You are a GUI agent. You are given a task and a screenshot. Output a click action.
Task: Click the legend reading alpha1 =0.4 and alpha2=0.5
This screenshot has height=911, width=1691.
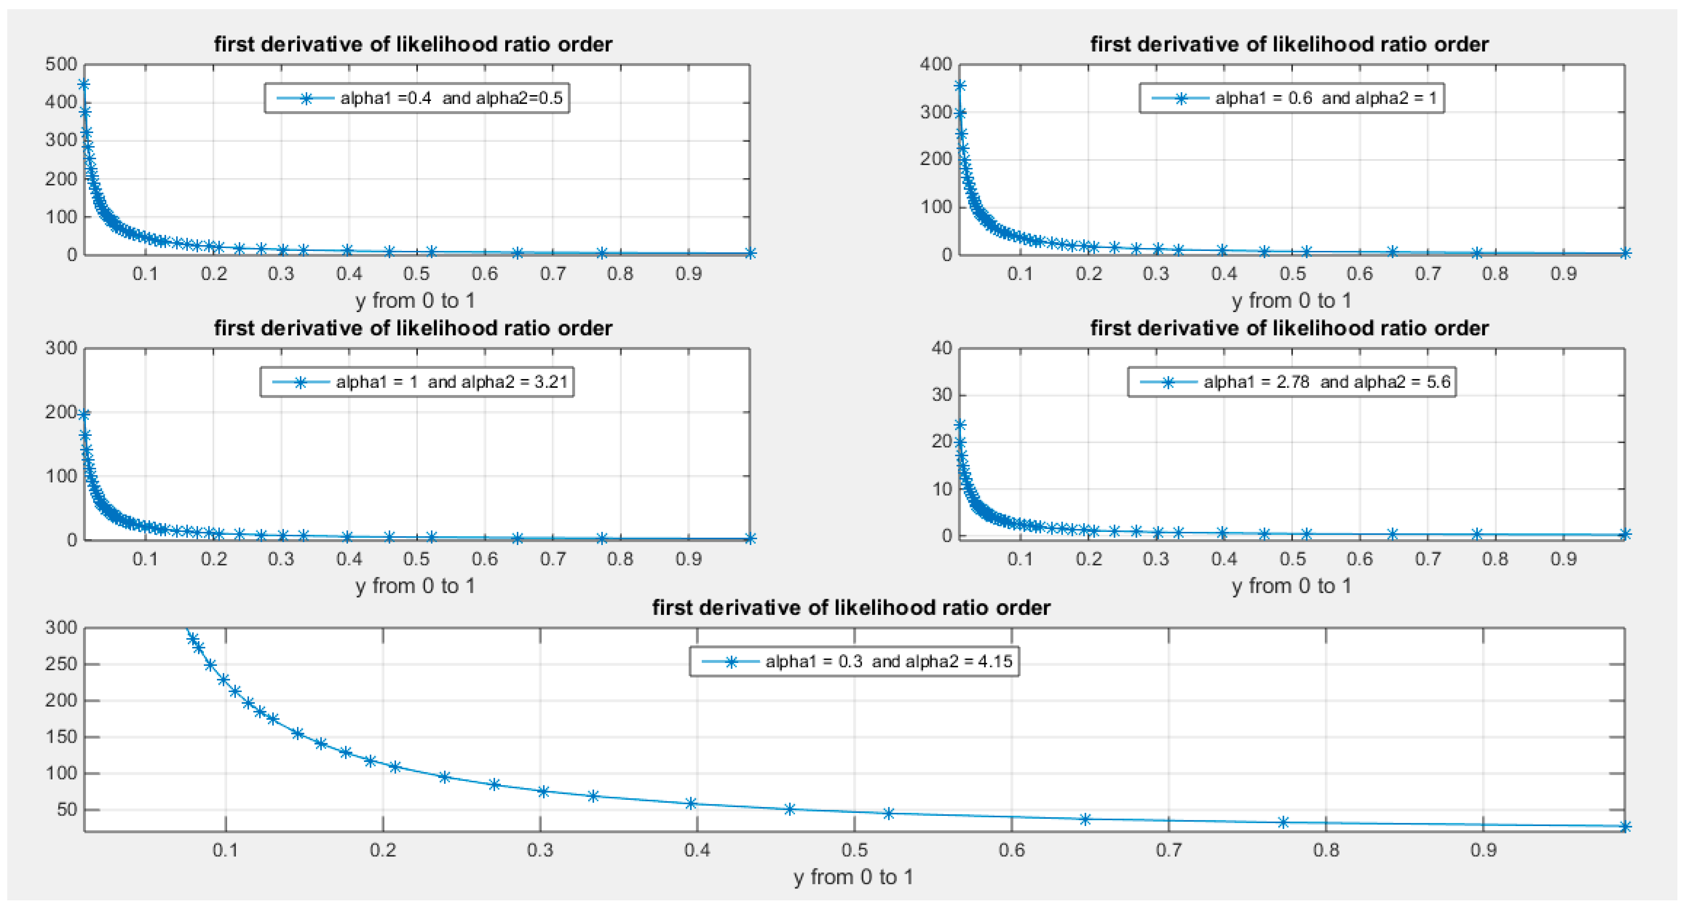click(417, 99)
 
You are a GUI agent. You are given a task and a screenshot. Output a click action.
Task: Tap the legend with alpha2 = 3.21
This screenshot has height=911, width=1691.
click(417, 382)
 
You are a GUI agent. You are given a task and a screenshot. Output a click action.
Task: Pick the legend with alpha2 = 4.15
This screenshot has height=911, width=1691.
click(854, 661)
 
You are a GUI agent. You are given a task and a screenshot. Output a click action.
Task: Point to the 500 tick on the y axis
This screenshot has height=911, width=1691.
click(61, 65)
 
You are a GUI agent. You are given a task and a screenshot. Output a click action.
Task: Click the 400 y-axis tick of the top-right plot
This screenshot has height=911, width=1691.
click(935, 65)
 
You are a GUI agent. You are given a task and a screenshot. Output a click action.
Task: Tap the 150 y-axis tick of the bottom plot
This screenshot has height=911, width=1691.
click(61, 736)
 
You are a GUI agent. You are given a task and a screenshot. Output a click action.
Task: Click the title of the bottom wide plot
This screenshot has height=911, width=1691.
click(851, 608)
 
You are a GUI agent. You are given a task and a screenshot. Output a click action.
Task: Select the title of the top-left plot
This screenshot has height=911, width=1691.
click(413, 44)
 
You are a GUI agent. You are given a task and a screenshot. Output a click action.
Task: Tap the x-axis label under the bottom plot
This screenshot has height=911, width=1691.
click(853, 877)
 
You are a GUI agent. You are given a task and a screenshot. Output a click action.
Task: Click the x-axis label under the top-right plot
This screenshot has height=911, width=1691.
click(1291, 300)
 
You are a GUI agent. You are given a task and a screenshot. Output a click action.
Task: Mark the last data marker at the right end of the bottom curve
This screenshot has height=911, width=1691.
click(1625, 827)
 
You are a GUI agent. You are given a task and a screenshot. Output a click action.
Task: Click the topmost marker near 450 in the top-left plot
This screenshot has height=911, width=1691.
click(84, 84)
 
